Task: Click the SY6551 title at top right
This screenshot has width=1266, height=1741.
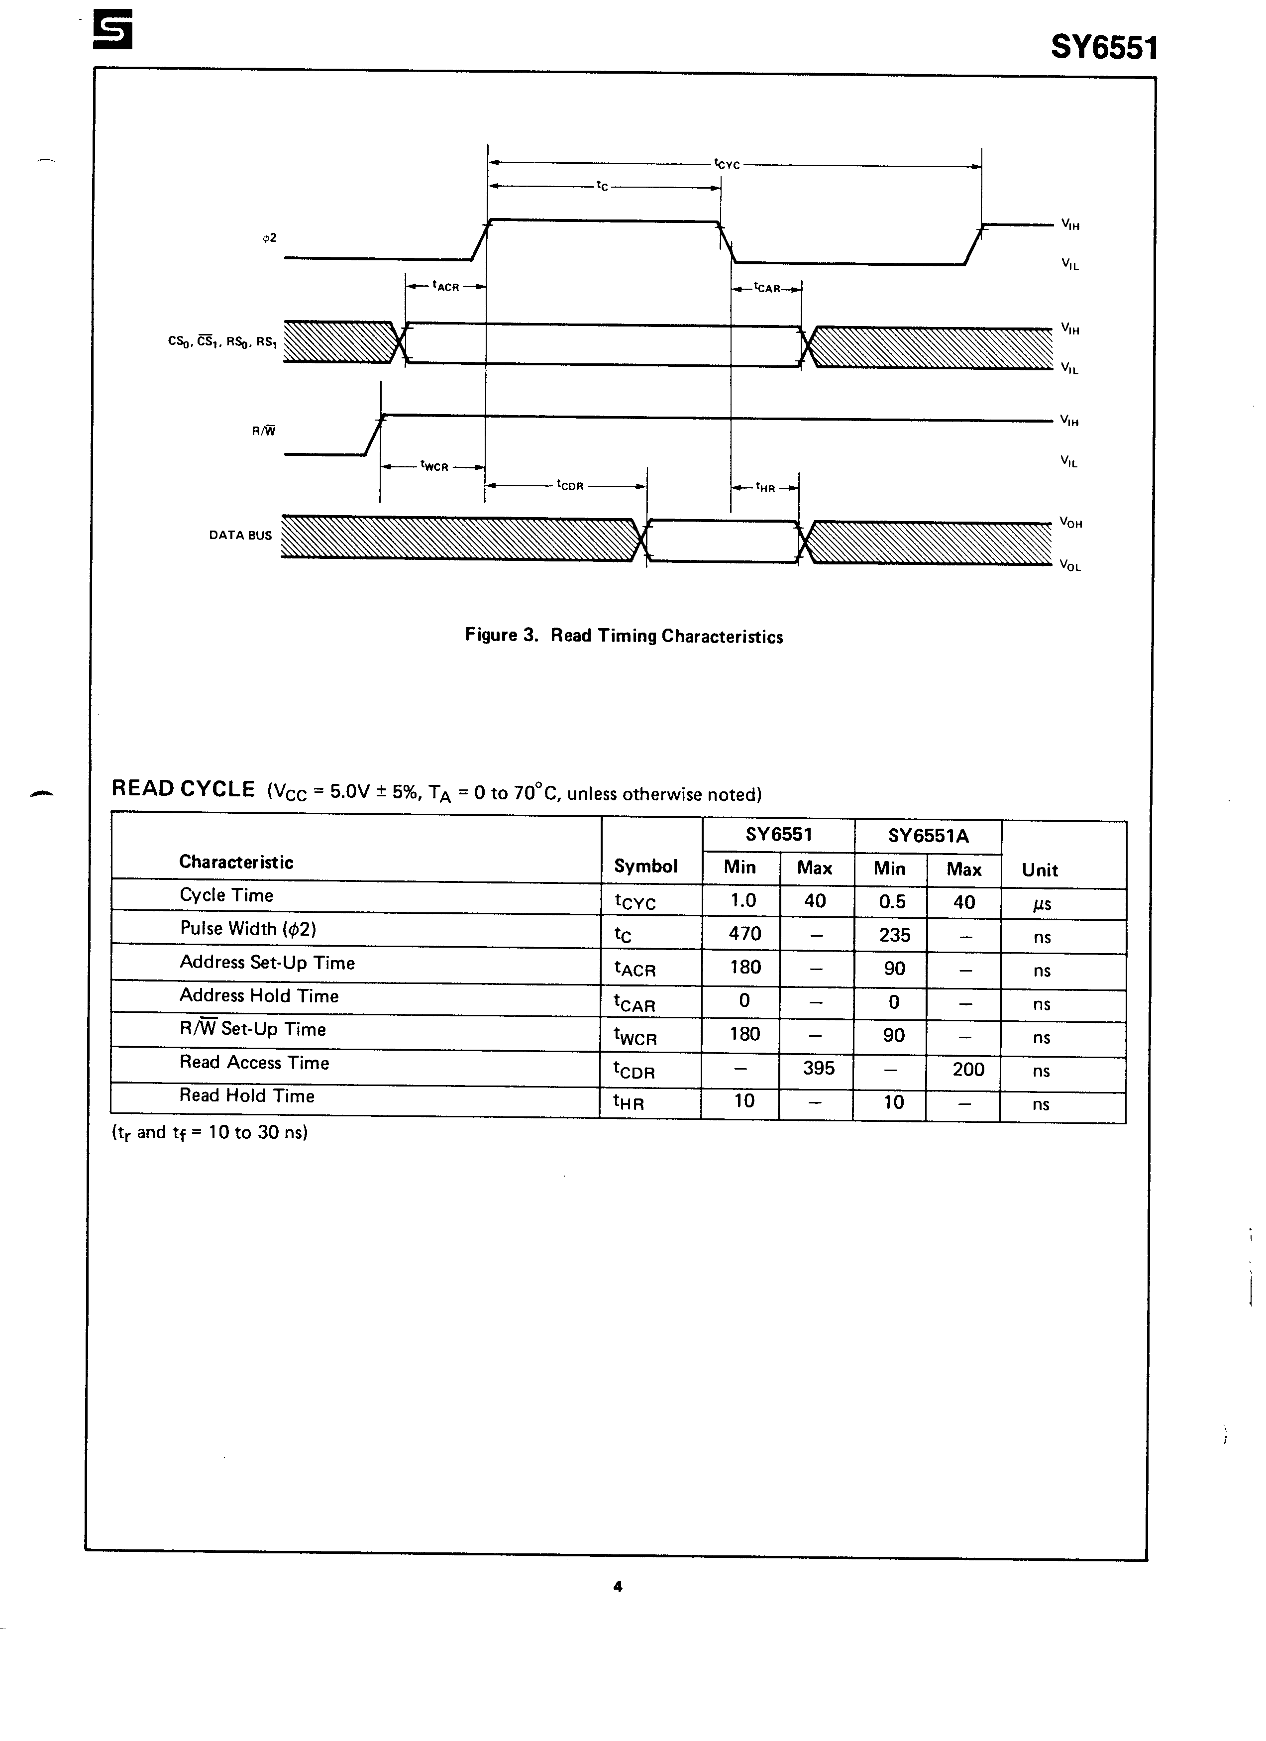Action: [x=1103, y=48]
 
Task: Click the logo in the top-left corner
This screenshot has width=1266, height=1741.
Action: [x=112, y=29]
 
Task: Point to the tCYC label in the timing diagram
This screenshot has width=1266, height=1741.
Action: [x=726, y=164]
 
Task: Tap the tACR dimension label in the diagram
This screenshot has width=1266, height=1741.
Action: [x=445, y=286]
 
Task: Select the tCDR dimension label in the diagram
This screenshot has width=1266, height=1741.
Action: [x=570, y=485]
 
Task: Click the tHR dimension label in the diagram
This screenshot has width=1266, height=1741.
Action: [x=765, y=487]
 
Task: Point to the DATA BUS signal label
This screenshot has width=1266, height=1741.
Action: [x=240, y=535]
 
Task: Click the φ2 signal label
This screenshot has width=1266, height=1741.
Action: [x=270, y=238]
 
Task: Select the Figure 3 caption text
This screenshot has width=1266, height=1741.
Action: [x=624, y=636]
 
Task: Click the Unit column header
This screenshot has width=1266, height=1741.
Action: [x=1040, y=870]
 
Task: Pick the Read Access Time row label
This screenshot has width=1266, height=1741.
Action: [x=254, y=1063]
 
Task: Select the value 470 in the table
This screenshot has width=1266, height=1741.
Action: [x=744, y=933]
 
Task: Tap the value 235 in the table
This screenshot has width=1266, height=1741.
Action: [x=894, y=935]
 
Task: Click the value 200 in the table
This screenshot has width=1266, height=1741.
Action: [x=968, y=1069]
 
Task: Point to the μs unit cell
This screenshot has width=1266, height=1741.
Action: [x=1042, y=903]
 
